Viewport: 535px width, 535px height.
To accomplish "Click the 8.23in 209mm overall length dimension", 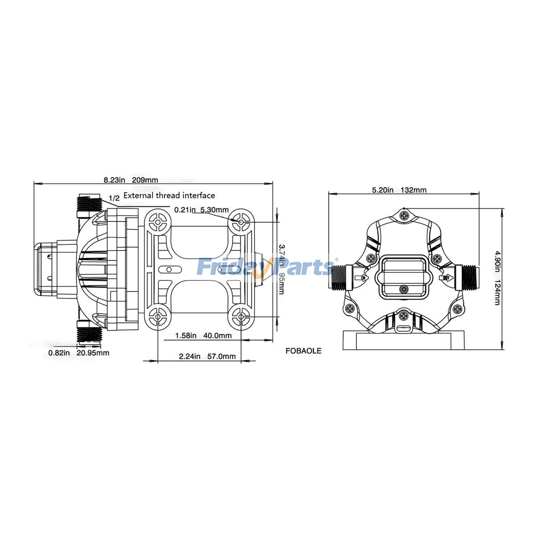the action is pos(131,180).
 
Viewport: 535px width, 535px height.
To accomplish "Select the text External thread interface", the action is pos(169,195).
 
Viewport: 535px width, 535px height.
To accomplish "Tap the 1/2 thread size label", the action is pos(114,198).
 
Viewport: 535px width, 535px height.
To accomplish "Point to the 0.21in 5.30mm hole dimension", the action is pos(201,210).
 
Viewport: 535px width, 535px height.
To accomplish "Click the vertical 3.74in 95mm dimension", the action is pos(281,269).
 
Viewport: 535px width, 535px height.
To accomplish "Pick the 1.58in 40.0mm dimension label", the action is pos(203,336).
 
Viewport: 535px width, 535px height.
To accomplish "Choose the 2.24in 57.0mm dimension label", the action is pos(207,356).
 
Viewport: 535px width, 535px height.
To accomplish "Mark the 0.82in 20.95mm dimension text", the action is pos(78,353).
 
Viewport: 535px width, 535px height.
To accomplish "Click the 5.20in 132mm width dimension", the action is pos(399,190).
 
